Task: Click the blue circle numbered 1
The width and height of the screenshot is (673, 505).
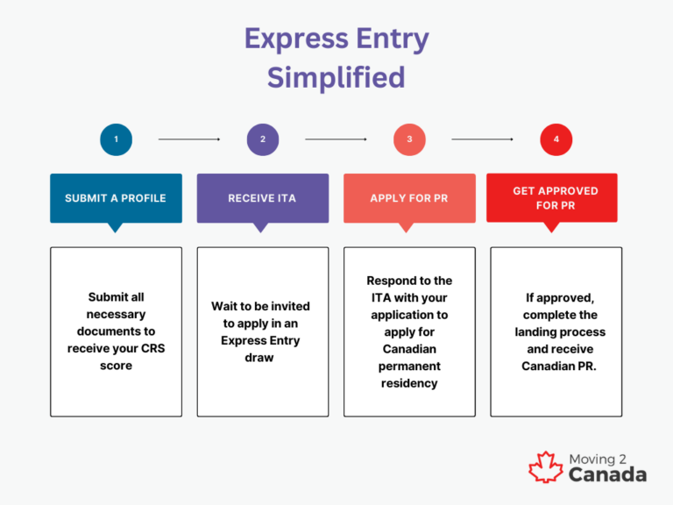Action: tap(116, 139)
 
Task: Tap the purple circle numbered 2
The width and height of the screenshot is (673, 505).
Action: tap(262, 139)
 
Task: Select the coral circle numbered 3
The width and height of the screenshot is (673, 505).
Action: tap(409, 139)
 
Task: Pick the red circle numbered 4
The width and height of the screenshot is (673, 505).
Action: tap(556, 139)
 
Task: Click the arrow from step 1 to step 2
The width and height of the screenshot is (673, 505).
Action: tap(189, 139)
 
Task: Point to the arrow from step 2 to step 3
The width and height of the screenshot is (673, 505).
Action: tap(336, 139)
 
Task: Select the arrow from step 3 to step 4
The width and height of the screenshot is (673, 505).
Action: tap(482, 139)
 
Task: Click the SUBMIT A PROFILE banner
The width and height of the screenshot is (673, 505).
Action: tap(116, 198)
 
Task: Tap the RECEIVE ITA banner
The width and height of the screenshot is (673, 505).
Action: tap(262, 198)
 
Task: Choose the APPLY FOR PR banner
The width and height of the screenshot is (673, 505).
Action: tap(409, 198)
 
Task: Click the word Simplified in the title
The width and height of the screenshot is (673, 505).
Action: tap(336, 77)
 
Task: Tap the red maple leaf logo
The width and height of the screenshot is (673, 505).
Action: tap(545, 466)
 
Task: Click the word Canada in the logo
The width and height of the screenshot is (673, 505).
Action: tap(607, 475)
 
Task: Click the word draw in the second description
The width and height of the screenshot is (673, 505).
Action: tap(259, 357)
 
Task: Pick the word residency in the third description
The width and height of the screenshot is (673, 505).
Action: tap(409, 382)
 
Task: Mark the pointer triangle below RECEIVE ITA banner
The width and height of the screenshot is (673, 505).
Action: tap(260, 227)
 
